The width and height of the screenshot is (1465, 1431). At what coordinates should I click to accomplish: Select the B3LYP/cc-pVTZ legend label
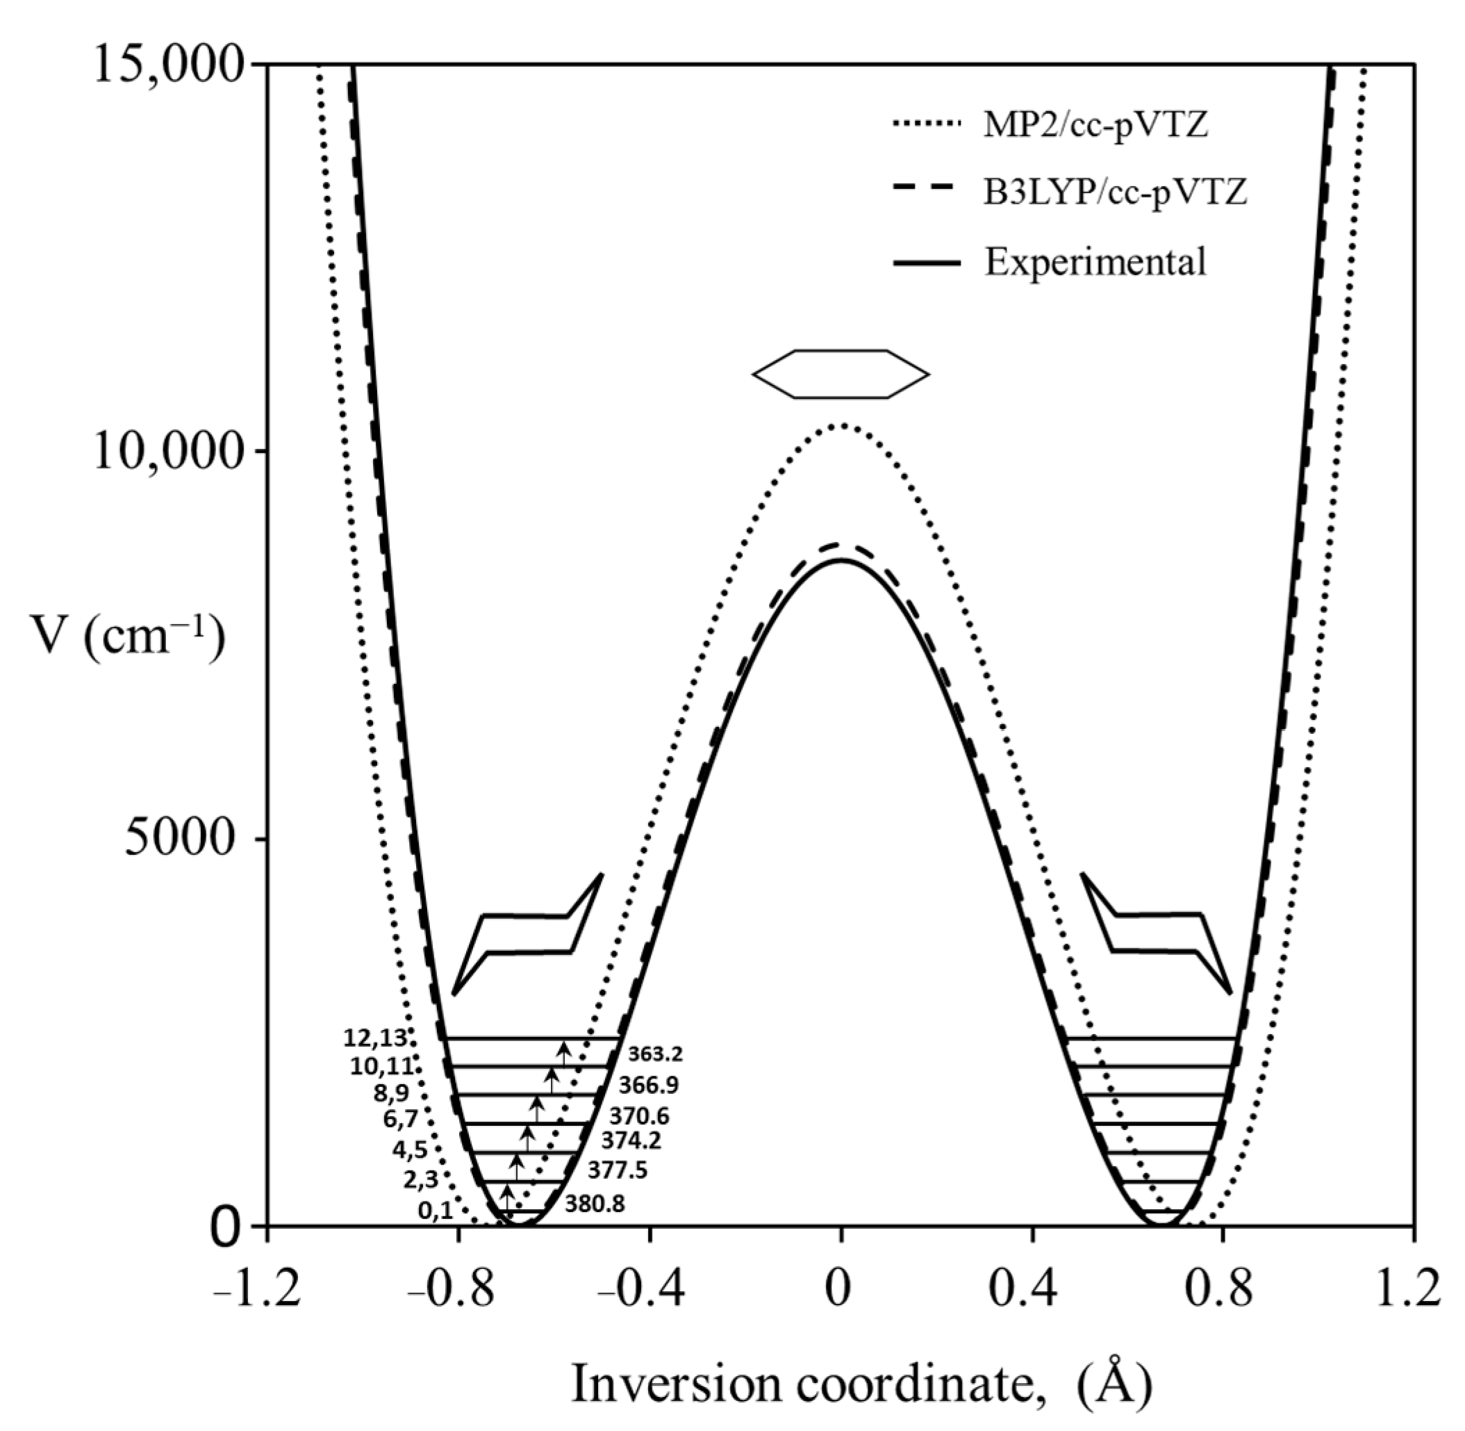point(1116,193)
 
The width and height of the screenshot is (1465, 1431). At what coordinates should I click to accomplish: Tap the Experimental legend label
point(1095,261)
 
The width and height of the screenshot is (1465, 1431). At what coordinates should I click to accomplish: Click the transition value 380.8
point(594,1204)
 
